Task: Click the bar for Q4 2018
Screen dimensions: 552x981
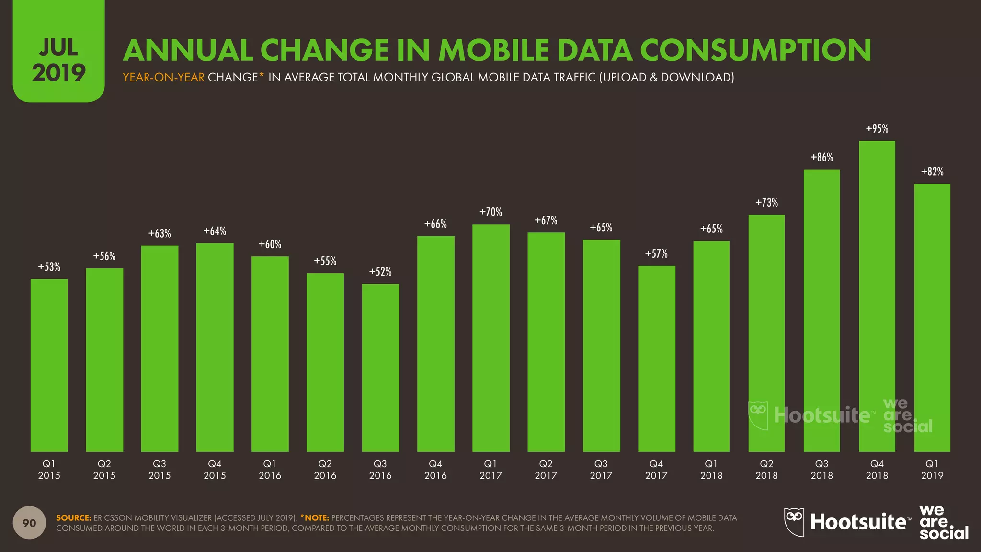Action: [877, 297]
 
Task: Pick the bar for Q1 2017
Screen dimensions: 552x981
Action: [490, 338]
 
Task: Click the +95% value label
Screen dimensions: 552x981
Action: [877, 129]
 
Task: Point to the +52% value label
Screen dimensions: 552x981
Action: [380, 272]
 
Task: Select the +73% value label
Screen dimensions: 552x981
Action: [766, 203]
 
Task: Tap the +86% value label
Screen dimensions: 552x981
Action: [821, 157]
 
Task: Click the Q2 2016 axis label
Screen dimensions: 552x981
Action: [325, 470]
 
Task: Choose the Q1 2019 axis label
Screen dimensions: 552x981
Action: [932, 470]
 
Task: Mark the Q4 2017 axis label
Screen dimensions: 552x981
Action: [656, 470]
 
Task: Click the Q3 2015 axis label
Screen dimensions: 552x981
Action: [160, 470]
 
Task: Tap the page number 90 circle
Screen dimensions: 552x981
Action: [29, 523]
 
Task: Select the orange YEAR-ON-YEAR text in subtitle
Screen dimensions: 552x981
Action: [163, 77]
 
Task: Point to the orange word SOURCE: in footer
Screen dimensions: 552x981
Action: [73, 518]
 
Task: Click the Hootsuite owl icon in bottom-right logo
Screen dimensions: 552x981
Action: [794, 522]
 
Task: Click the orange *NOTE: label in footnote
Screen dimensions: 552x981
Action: [314, 518]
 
